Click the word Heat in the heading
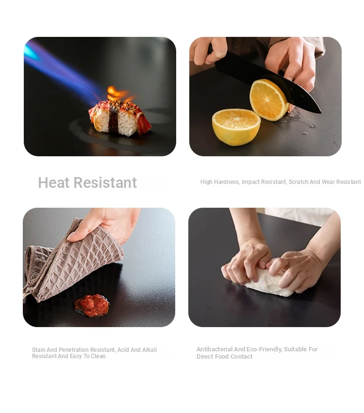click(54, 182)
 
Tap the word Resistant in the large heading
click(105, 182)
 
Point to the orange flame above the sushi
click(118, 94)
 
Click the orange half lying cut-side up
click(236, 127)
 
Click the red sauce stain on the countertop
click(92, 306)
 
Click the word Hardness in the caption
click(227, 182)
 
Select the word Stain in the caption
click(39, 350)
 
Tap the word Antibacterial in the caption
click(215, 349)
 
